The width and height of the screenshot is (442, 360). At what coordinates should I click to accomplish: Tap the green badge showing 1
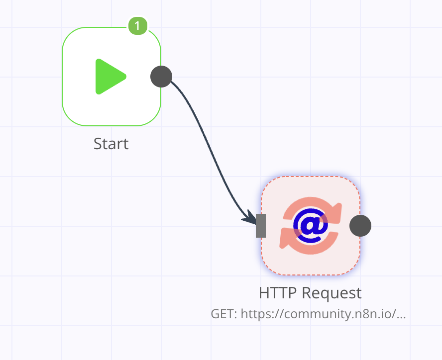pyautogui.click(x=138, y=26)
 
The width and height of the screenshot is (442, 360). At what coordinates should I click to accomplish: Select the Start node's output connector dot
pyautogui.click(x=161, y=77)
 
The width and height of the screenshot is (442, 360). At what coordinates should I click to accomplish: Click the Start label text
pyautogui.click(x=111, y=144)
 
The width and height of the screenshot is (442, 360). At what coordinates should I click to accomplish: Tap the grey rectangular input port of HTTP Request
pyautogui.click(x=261, y=226)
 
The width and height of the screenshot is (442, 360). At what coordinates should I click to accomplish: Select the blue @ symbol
pyautogui.click(x=311, y=226)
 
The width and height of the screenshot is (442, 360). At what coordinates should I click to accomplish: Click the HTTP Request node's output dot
pyautogui.click(x=360, y=226)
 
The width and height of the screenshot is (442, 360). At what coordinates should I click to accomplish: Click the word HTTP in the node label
pyautogui.click(x=278, y=293)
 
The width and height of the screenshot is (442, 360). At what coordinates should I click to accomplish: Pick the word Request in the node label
pyautogui.click(x=332, y=294)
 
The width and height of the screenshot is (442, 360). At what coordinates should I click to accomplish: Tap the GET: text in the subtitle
pyautogui.click(x=224, y=314)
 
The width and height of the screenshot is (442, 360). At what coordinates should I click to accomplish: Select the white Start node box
pyautogui.click(x=111, y=77)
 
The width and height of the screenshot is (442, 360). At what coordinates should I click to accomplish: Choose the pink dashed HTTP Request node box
pyautogui.click(x=311, y=226)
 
